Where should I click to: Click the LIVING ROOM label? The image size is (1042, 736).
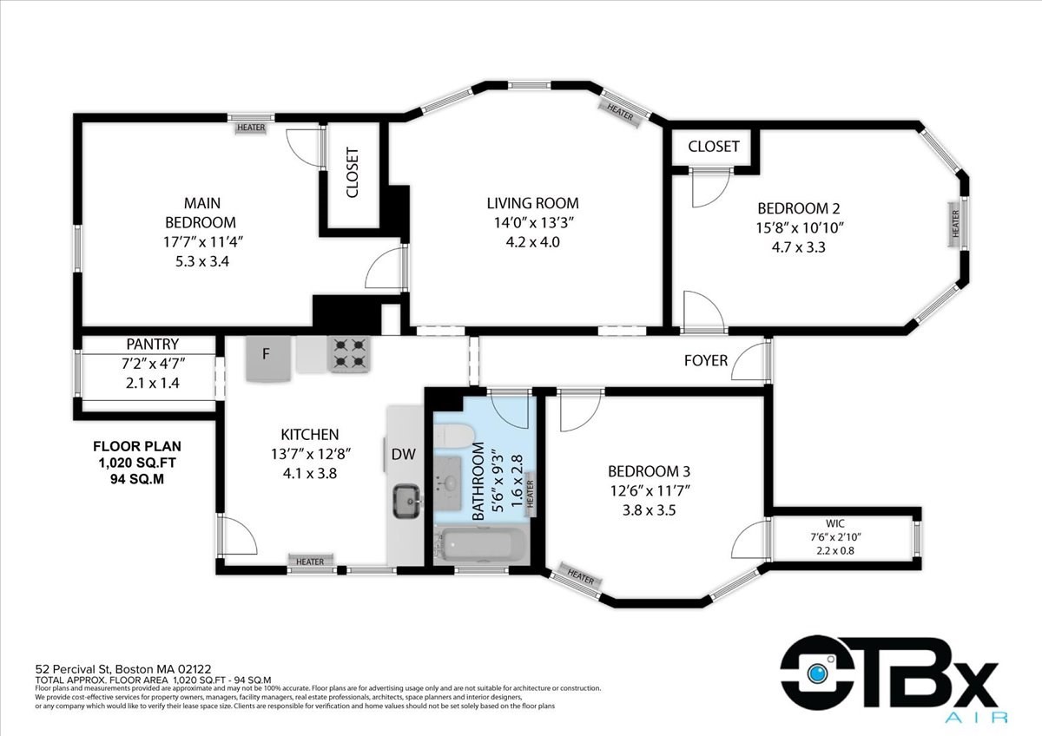pyautogui.click(x=532, y=203)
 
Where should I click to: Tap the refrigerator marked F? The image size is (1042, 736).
pyautogui.click(x=268, y=358)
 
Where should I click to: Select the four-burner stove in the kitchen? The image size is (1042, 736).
pyautogui.click(x=349, y=354)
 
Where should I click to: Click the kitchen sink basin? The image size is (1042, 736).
pyautogui.click(x=407, y=501)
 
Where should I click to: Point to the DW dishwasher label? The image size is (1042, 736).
pyautogui.click(x=403, y=454)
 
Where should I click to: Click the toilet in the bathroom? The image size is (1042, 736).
pyautogui.click(x=453, y=436)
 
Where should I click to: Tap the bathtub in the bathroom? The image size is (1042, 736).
pyautogui.click(x=481, y=545)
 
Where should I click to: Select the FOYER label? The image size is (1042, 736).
pyautogui.click(x=706, y=360)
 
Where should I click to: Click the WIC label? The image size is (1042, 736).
pyautogui.click(x=835, y=523)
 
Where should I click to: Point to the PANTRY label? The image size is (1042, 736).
pyautogui.click(x=153, y=344)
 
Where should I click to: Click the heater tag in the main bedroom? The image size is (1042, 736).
pyautogui.click(x=251, y=128)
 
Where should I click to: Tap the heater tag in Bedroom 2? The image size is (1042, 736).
pyautogui.click(x=956, y=224)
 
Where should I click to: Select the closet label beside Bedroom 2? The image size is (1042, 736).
pyautogui.click(x=714, y=147)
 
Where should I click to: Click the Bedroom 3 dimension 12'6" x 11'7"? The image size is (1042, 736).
pyautogui.click(x=650, y=490)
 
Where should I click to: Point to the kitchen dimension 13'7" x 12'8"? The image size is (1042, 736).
pyautogui.click(x=310, y=454)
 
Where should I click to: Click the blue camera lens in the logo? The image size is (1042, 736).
pyautogui.click(x=817, y=673)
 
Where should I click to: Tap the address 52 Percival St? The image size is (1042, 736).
pyautogui.click(x=74, y=669)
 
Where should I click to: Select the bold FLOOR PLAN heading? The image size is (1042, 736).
pyautogui.click(x=137, y=446)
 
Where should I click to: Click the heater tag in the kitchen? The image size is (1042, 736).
pyautogui.click(x=310, y=562)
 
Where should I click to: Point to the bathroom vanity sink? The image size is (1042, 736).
pyautogui.click(x=448, y=483)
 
